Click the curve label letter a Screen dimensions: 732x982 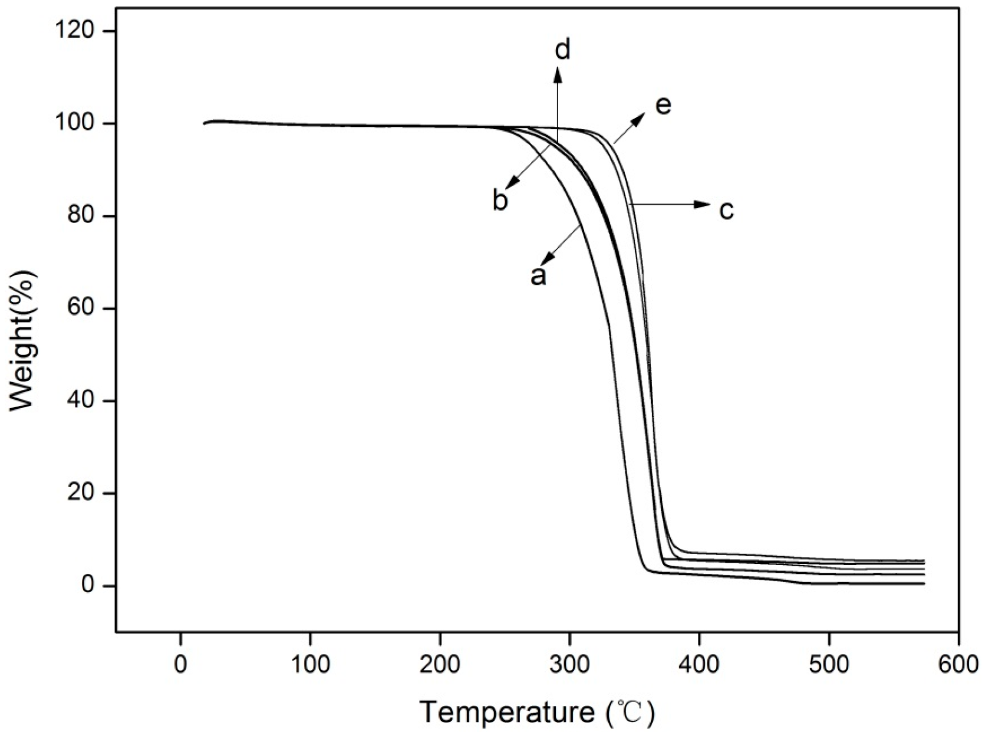click(x=538, y=275)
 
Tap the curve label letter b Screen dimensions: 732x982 click(x=500, y=201)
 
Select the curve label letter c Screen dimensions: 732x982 click(x=726, y=209)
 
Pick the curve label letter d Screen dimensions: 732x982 click(x=563, y=50)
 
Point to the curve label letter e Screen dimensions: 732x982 click(x=663, y=106)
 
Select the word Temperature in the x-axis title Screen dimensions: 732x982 click(x=507, y=712)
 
